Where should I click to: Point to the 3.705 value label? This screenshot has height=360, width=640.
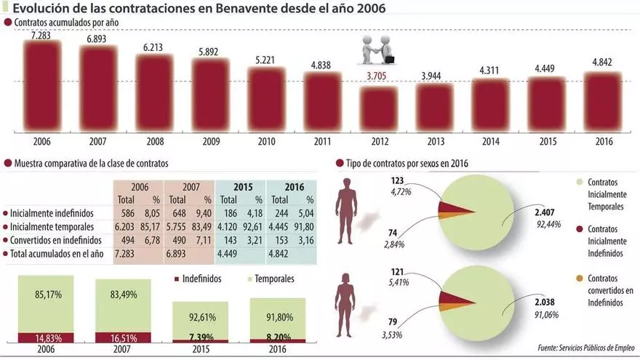point(380,76)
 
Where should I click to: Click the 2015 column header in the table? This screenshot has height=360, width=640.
point(240,187)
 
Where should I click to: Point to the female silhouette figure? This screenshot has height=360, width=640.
point(350,305)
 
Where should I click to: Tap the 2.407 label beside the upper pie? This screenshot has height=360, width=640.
point(544,212)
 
